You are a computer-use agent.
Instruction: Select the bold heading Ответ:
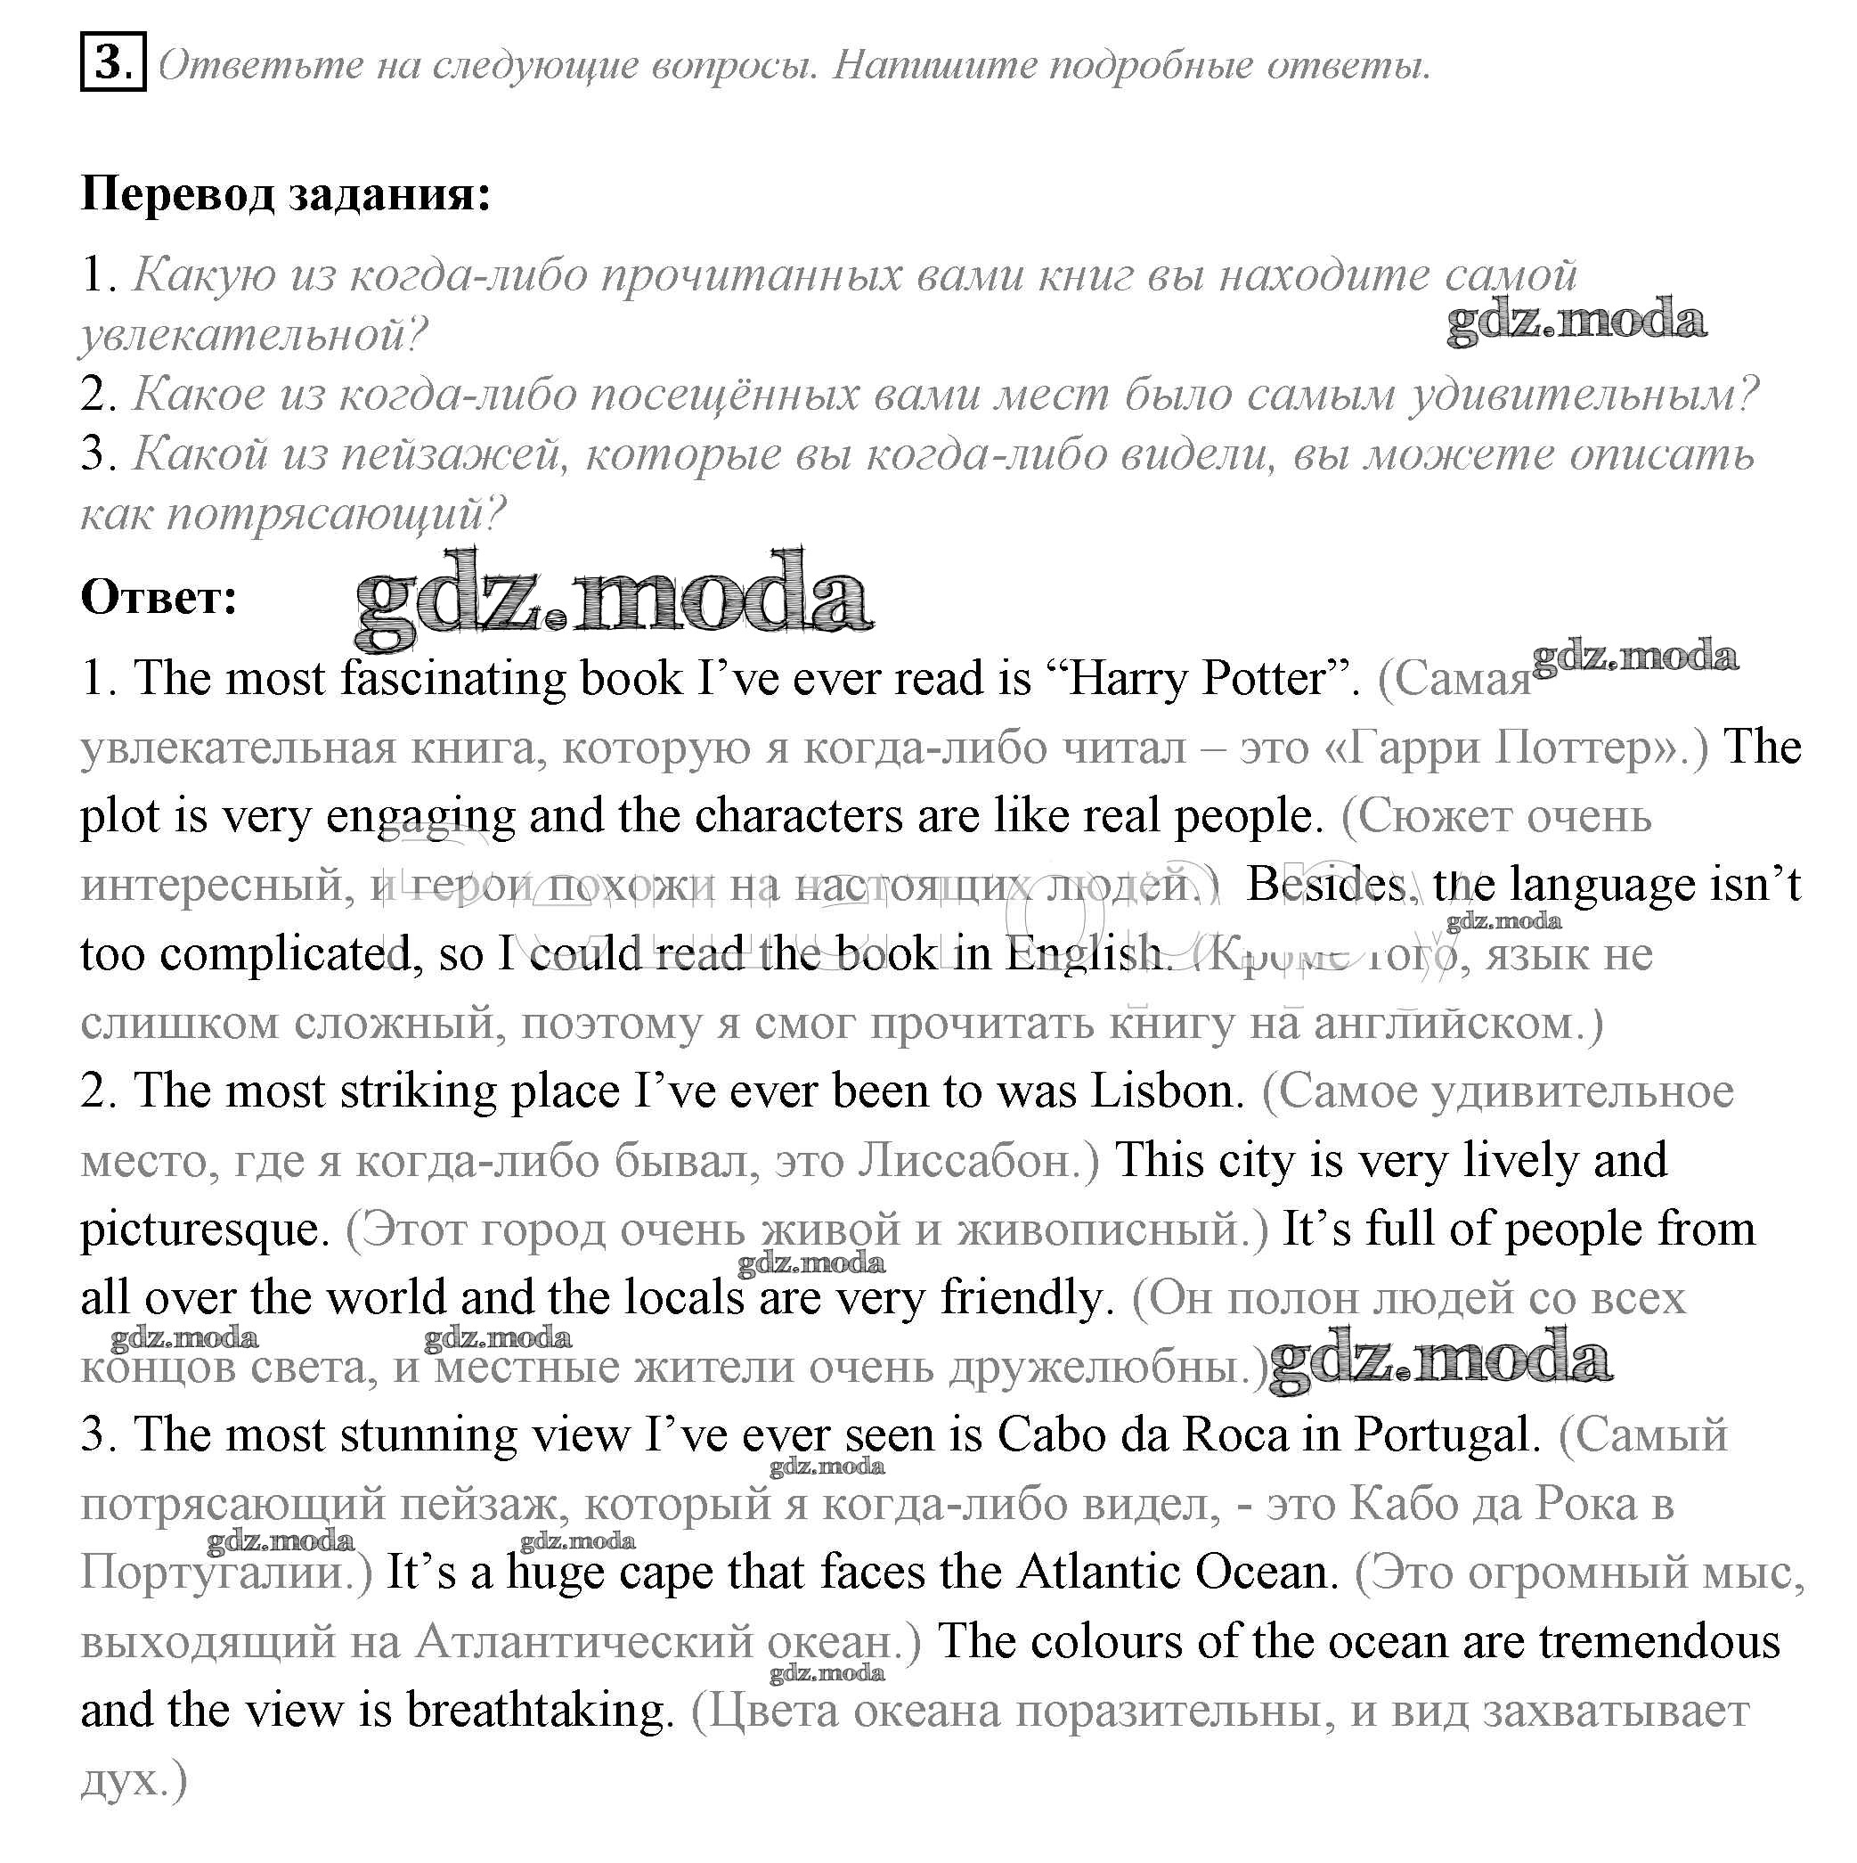point(159,597)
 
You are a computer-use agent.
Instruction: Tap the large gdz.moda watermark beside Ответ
point(614,599)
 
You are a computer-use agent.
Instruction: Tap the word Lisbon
point(1167,1091)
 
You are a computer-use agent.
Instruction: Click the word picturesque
point(205,1230)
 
